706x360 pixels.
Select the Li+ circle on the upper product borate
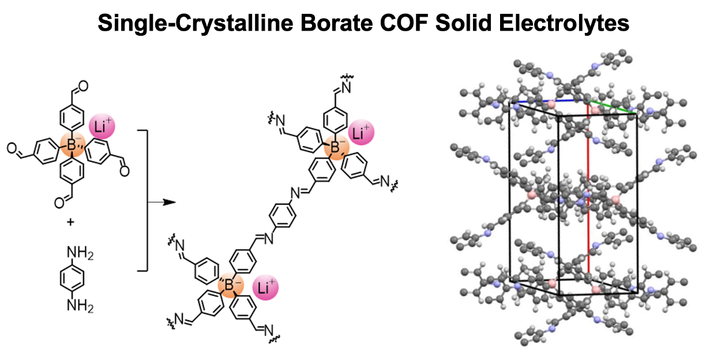click(360, 134)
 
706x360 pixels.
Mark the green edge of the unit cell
click(613, 107)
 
